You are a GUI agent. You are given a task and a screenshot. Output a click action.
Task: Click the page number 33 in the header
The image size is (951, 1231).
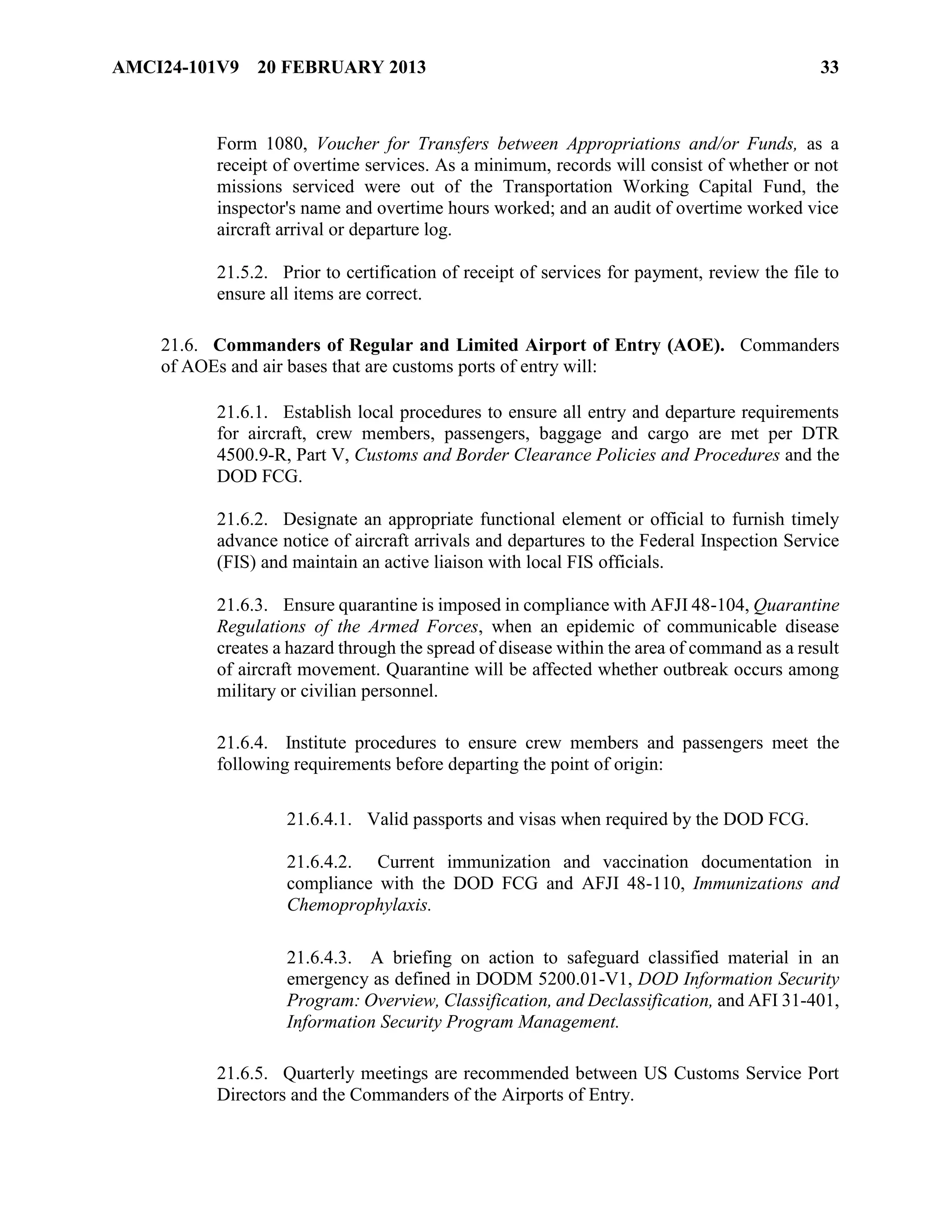coord(829,68)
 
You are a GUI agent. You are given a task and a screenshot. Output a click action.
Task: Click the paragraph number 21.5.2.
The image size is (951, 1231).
coord(241,273)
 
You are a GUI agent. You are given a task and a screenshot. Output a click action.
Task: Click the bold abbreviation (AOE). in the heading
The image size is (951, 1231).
coord(696,345)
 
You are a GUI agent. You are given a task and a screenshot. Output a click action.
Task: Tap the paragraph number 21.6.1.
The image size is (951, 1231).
coord(241,413)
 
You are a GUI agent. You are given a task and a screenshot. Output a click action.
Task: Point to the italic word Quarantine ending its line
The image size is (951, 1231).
coord(796,605)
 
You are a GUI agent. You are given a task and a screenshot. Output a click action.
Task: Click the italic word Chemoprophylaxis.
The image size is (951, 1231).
coord(359,905)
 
